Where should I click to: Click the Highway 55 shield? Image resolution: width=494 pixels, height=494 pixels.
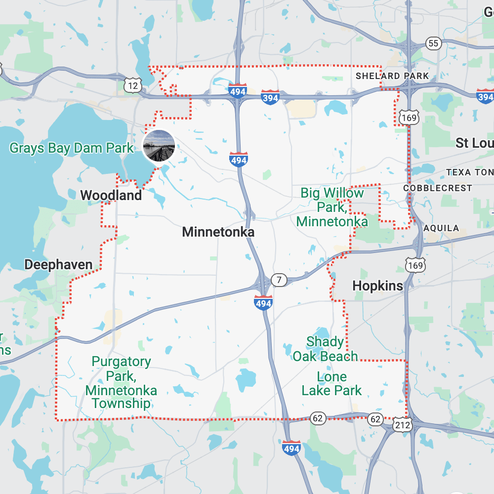point(433,43)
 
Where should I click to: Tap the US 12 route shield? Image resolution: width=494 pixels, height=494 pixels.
point(132,86)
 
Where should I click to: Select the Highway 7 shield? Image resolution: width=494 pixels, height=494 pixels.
point(279,280)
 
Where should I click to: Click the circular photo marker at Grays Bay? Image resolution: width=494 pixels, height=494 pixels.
point(159,145)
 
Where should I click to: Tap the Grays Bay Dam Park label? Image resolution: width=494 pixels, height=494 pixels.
point(72,148)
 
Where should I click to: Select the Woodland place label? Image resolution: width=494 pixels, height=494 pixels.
point(111,195)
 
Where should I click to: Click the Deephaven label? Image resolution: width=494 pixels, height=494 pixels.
point(58,265)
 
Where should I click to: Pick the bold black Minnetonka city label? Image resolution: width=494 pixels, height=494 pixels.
point(218,232)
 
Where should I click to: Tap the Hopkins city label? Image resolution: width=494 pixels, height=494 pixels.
point(377,286)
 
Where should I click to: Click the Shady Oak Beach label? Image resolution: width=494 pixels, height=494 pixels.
point(325,349)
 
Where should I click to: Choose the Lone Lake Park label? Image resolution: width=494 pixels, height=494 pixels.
point(331,384)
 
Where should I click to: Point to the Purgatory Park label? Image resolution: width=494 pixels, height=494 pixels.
point(121,382)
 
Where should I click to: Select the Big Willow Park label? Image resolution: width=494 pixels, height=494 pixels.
point(332,207)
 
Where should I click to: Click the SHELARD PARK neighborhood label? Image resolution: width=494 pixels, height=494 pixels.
point(392,76)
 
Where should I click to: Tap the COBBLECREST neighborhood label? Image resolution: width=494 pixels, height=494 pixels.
point(437,188)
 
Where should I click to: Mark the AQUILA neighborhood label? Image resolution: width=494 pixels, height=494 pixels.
point(441,228)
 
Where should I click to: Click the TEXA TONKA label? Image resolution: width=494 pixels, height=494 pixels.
point(469,172)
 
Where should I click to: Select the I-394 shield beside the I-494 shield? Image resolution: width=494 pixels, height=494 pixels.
point(270,97)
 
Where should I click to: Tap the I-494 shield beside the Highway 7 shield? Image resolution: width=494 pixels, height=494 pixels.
point(263,302)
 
